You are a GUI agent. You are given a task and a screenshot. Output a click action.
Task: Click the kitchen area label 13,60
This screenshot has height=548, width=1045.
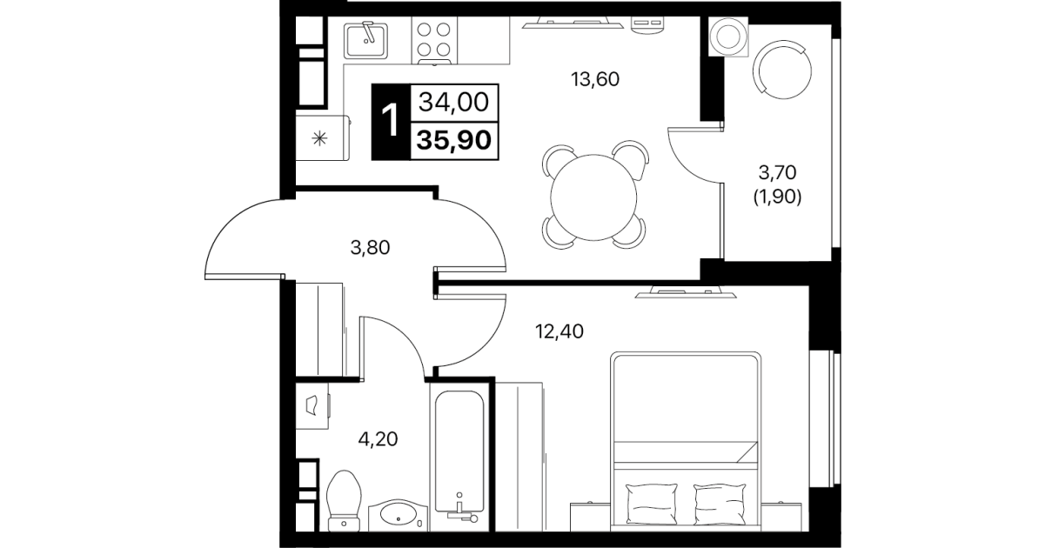coord(595,79)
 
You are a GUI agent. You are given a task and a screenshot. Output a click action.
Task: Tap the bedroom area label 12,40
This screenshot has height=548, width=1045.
coord(559,331)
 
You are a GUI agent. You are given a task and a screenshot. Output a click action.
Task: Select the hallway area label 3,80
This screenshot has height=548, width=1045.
coord(370,248)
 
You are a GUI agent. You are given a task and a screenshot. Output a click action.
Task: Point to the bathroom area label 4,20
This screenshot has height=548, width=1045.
coord(378,439)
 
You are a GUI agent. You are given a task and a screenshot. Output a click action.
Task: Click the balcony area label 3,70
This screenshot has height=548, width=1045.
coord(777,173)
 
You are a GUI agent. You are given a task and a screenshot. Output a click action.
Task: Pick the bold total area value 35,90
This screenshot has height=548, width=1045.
coord(454,140)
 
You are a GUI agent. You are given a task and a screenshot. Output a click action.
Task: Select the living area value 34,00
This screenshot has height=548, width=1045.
coord(454,102)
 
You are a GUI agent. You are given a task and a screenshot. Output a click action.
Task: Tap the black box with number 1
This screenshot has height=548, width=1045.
coord(391,122)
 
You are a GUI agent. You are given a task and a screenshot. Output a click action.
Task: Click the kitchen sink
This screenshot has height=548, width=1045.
coord(366,40)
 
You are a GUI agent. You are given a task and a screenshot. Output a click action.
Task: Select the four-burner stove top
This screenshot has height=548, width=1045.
coord(434,40)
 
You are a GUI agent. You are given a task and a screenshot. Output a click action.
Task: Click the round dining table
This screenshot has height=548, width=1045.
coord(593,197)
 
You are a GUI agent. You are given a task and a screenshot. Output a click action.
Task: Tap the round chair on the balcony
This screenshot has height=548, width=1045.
coord(782,70)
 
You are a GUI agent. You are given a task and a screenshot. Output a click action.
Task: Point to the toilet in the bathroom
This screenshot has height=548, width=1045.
coord(345,501)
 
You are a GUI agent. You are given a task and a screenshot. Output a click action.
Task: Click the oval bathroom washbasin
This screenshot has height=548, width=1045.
coord(398,515)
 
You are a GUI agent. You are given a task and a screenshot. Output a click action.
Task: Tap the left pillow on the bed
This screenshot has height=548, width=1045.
coord(651,505)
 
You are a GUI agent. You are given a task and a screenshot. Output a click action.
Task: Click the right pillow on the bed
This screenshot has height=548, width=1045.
coord(720,505)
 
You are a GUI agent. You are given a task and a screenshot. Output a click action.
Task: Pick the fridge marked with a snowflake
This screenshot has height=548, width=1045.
coord(323,138)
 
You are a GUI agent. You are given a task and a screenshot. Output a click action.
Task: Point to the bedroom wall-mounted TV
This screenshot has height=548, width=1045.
coord(686,293)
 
